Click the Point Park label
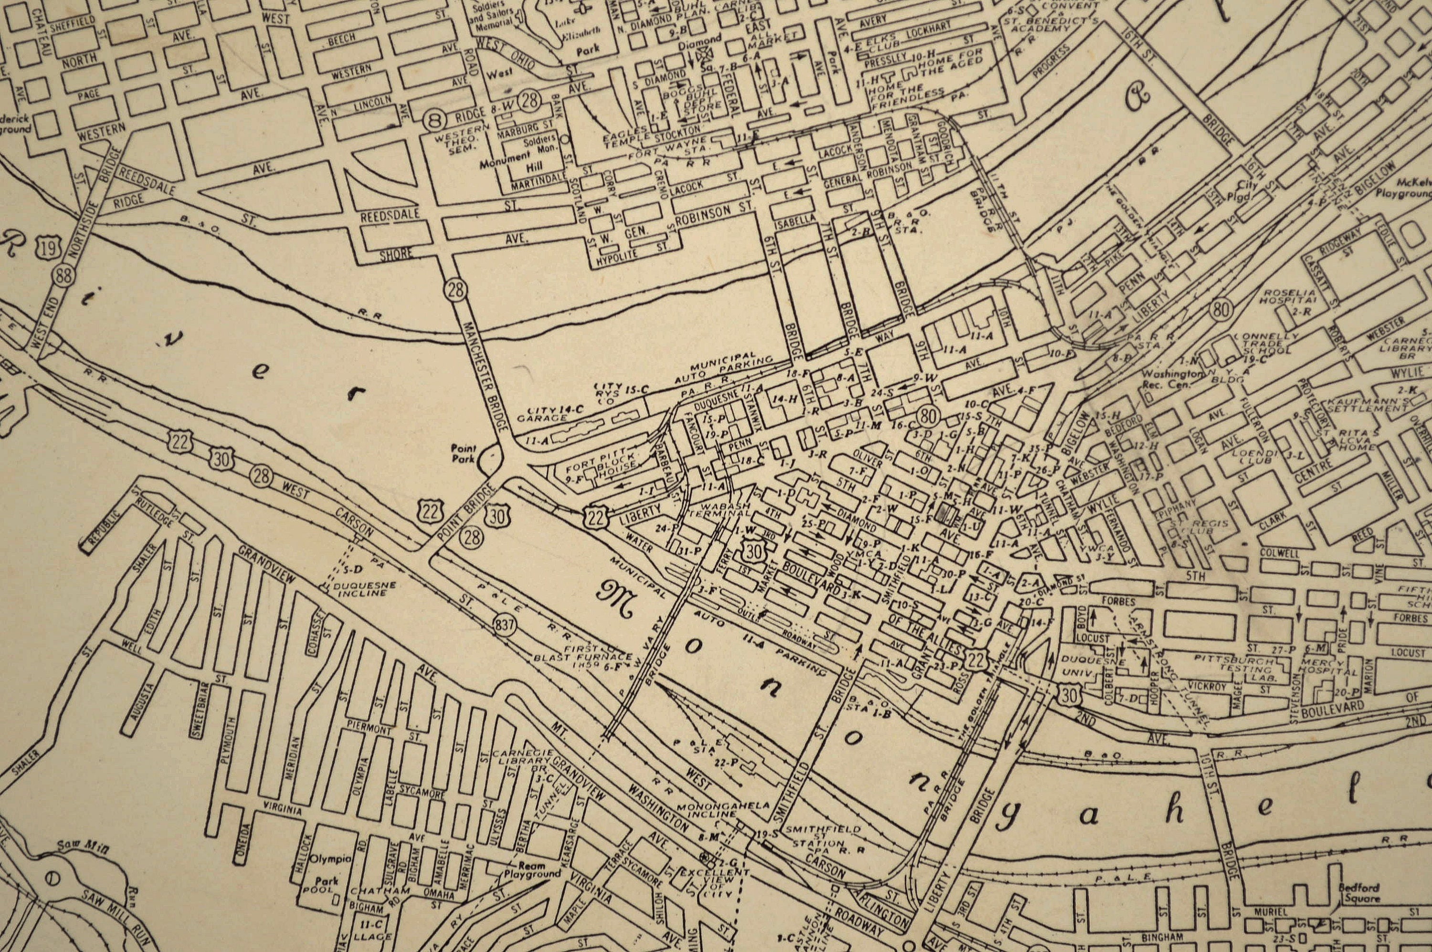463,453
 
